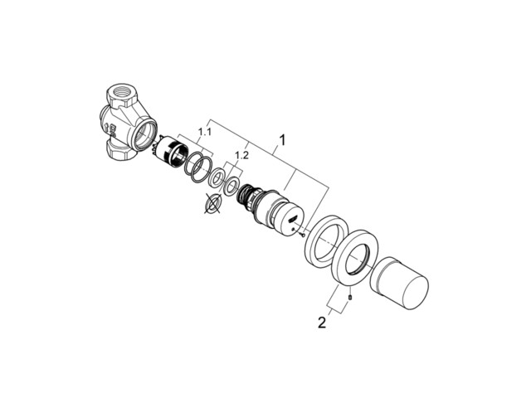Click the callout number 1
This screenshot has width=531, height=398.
[282, 140]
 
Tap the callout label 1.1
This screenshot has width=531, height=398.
[205, 132]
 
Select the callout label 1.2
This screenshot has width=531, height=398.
[241, 155]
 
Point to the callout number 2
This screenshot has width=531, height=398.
[322, 323]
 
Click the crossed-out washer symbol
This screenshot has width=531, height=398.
[212, 204]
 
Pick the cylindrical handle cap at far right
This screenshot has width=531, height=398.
[399, 284]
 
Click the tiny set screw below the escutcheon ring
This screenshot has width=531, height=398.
[350, 297]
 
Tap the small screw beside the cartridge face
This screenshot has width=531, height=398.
[302, 233]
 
